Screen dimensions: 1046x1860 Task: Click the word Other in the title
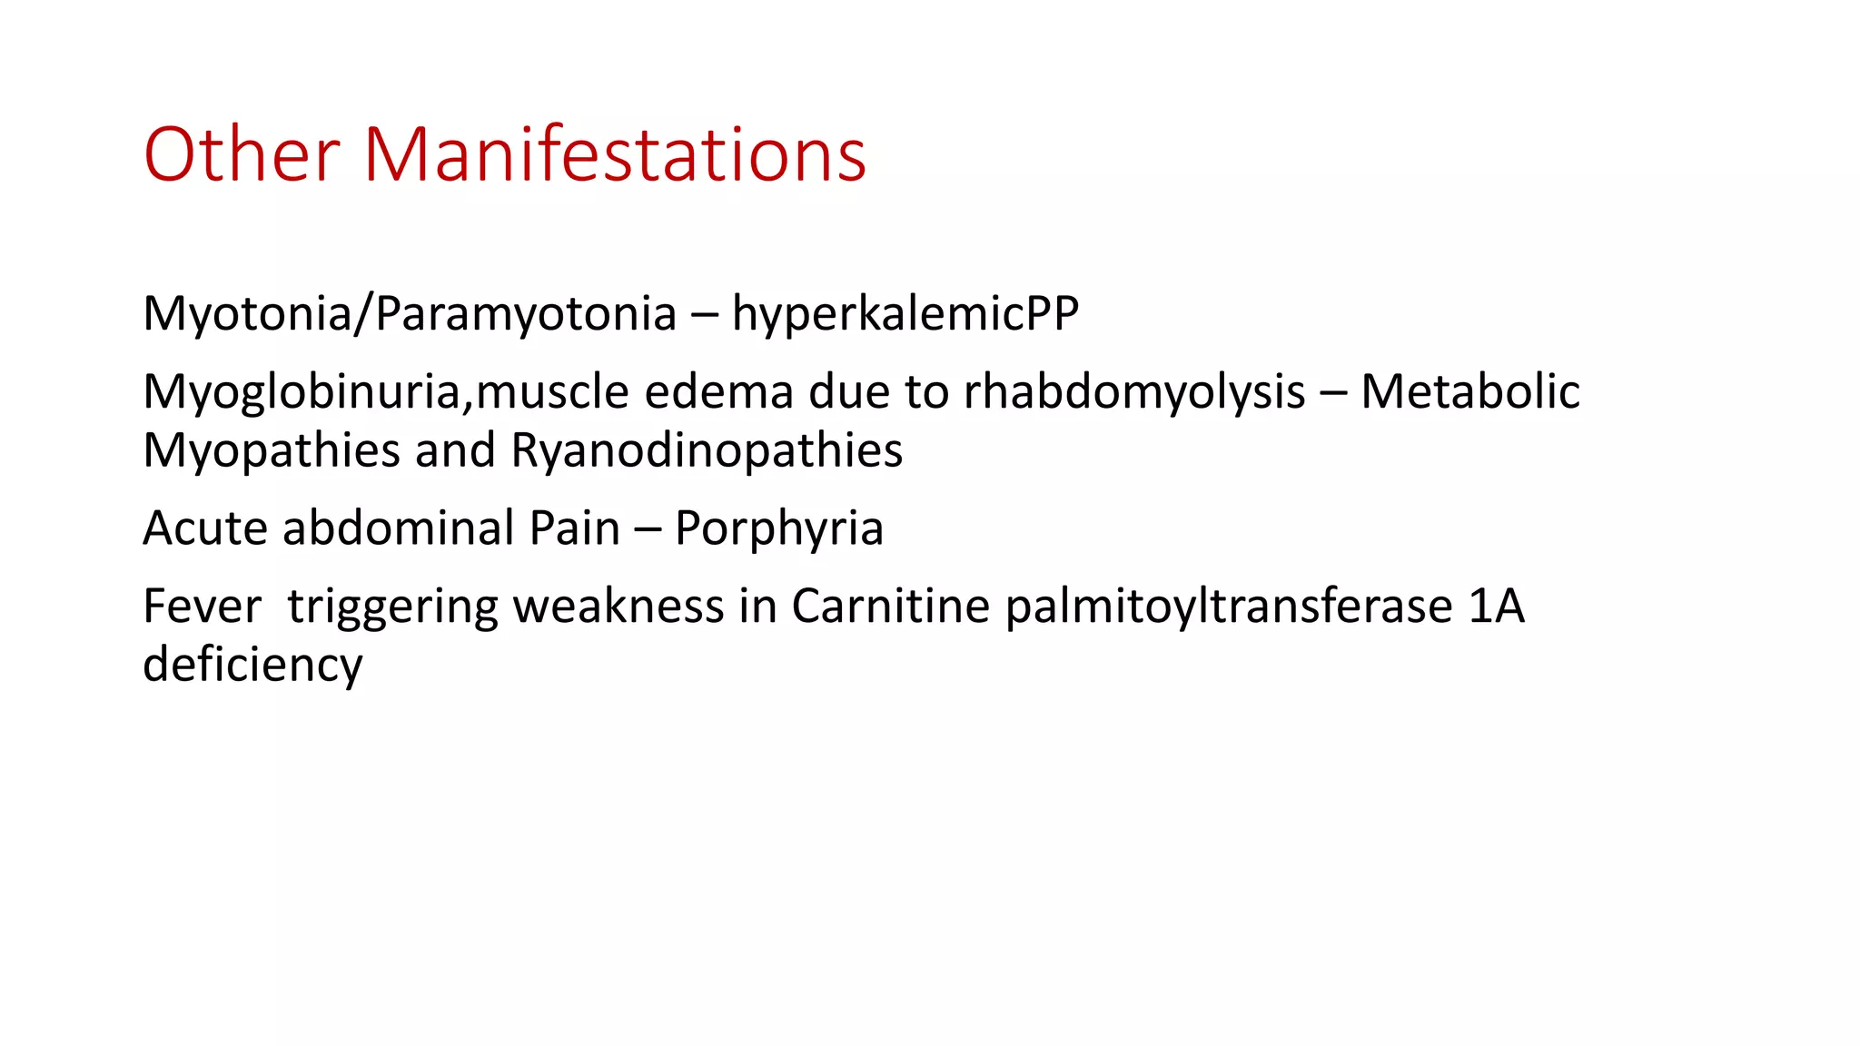coord(242,154)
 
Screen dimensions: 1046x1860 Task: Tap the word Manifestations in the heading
coord(615,154)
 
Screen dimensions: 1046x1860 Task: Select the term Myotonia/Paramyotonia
coord(410,314)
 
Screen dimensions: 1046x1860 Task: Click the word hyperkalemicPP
coord(905,314)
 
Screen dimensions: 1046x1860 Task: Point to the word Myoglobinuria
coord(307,392)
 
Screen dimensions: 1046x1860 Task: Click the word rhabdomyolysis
coord(1134,392)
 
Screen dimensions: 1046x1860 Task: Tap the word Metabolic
coord(1470,392)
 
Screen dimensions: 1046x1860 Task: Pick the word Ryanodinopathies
coord(707,450)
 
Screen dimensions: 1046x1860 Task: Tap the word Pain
coord(574,528)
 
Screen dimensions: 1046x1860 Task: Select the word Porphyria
coord(779,528)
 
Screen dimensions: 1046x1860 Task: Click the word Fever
coord(202,607)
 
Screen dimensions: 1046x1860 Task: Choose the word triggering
coord(392,607)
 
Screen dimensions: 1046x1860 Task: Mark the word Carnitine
coord(890,607)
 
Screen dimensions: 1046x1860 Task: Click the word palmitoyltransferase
coord(1229,607)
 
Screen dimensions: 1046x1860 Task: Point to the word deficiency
coord(252,665)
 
